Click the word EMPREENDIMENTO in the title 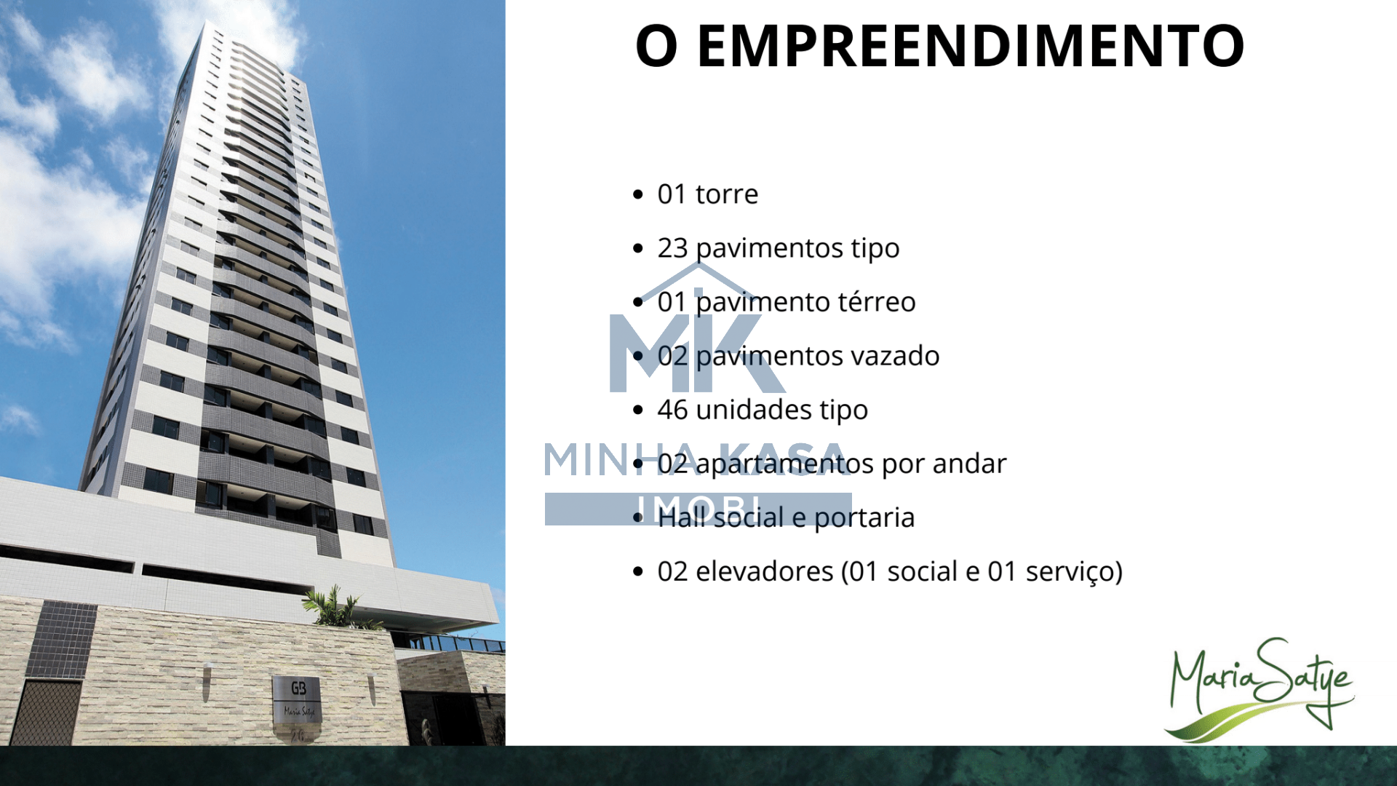971,46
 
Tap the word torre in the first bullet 727,194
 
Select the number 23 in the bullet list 672,248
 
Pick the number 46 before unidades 672,410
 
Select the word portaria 864,518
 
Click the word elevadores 765,571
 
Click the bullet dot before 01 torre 638,194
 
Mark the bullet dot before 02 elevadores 638,571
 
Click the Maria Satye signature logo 1259,688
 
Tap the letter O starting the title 657,46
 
